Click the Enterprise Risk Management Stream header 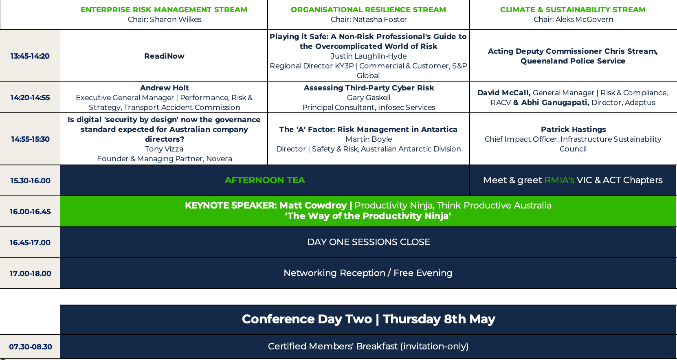click(164, 10)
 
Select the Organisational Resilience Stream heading click(368, 10)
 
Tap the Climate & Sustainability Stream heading click(573, 10)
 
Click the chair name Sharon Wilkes click(176, 20)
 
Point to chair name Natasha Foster click(380, 20)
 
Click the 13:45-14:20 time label click(30, 56)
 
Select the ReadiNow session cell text click(164, 56)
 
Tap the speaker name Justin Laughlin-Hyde click(368, 56)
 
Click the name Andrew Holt click(164, 88)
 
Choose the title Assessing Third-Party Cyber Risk click(369, 88)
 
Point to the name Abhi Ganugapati click(555, 103)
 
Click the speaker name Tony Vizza click(164, 149)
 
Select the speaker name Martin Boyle click(369, 139)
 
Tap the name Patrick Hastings click(574, 130)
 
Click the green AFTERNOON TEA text click(265, 180)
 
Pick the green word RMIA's click(559, 180)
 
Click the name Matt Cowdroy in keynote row click(313, 205)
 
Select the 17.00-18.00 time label click(30, 274)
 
